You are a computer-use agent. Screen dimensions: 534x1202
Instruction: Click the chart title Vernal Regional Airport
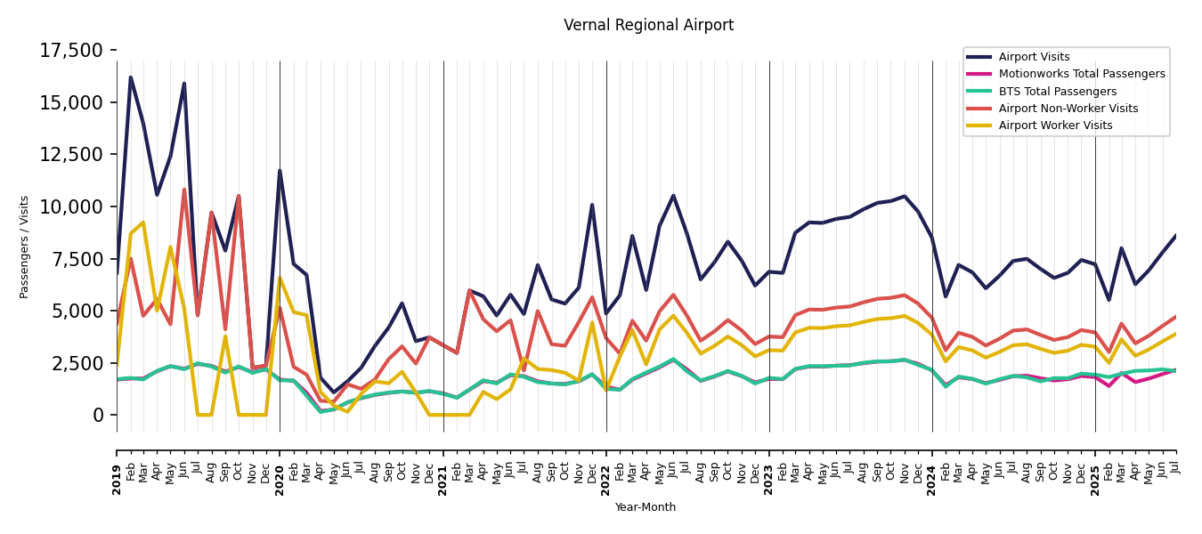click(648, 26)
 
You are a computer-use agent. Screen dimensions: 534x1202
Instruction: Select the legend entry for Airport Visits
click(1034, 57)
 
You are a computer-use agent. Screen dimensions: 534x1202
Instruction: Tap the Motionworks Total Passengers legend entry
click(1081, 74)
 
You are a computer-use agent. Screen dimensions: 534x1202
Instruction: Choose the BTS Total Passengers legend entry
click(1057, 92)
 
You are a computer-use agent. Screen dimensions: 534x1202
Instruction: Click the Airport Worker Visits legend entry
click(1055, 125)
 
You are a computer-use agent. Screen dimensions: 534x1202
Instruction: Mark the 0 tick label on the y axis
click(99, 416)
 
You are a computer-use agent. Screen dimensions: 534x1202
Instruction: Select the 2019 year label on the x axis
click(117, 479)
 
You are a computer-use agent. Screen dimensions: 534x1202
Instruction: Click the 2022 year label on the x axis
click(606, 479)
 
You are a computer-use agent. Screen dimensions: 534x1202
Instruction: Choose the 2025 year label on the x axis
click(1095, 479)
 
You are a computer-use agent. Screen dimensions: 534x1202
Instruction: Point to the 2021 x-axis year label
click(443, 479)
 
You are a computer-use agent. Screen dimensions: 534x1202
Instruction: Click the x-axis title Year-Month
click(646, 507)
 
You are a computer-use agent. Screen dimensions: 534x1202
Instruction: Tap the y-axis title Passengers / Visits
click(24, 247)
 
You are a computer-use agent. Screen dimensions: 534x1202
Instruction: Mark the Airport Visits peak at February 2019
click(130, 77)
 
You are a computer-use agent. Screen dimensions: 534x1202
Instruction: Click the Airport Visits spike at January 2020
click(280, 171)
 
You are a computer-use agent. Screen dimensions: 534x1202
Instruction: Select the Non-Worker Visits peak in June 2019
click(184, 190)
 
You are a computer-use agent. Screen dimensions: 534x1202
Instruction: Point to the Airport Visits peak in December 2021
click(592, 205)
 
